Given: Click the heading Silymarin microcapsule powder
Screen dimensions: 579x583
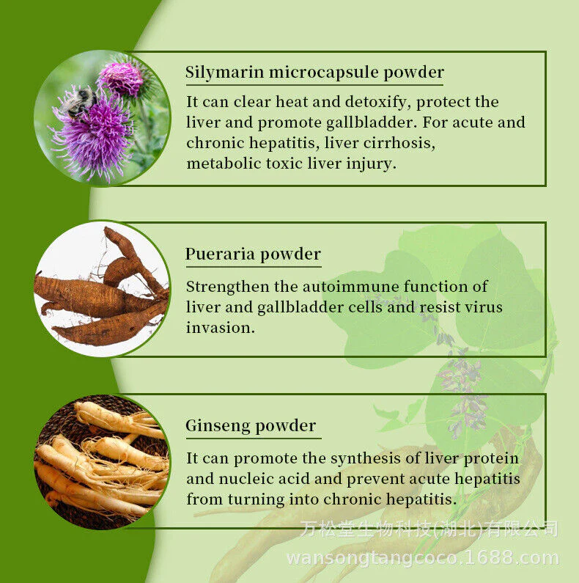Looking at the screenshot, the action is pos(314,72).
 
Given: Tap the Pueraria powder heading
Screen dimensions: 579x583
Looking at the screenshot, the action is pos(253,254).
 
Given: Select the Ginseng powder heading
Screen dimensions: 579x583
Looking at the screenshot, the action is pos(251,426).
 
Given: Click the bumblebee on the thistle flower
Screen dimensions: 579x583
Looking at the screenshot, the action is pos(79,102).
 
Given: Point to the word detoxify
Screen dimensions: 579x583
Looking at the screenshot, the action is pos(377,102).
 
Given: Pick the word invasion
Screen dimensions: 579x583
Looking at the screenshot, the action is pos(221,328).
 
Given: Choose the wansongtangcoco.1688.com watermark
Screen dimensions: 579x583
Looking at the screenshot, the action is pos(423,558).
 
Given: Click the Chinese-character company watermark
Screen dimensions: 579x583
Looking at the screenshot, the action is pos(429,528).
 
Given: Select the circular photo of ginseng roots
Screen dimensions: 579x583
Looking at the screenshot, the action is pos(102,462).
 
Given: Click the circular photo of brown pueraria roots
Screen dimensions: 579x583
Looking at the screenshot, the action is pos(102,289).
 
